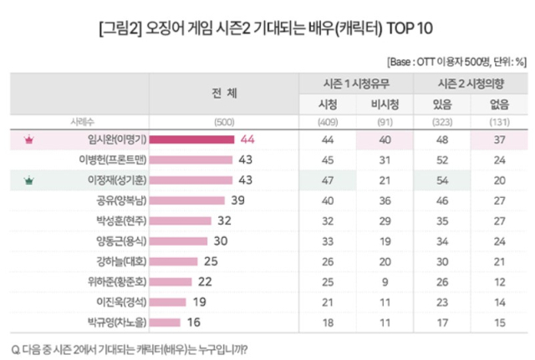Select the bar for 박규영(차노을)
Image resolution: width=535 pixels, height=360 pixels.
coord(165,321)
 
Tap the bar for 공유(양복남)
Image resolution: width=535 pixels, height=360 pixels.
coord(188,200)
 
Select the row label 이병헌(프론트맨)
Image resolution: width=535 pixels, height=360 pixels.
coord(112,160)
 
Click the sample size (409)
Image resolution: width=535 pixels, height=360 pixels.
coord(324,122)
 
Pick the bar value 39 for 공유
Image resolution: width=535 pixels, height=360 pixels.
coord(237,200)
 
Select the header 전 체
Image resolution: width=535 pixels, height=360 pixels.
coord(224,94)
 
